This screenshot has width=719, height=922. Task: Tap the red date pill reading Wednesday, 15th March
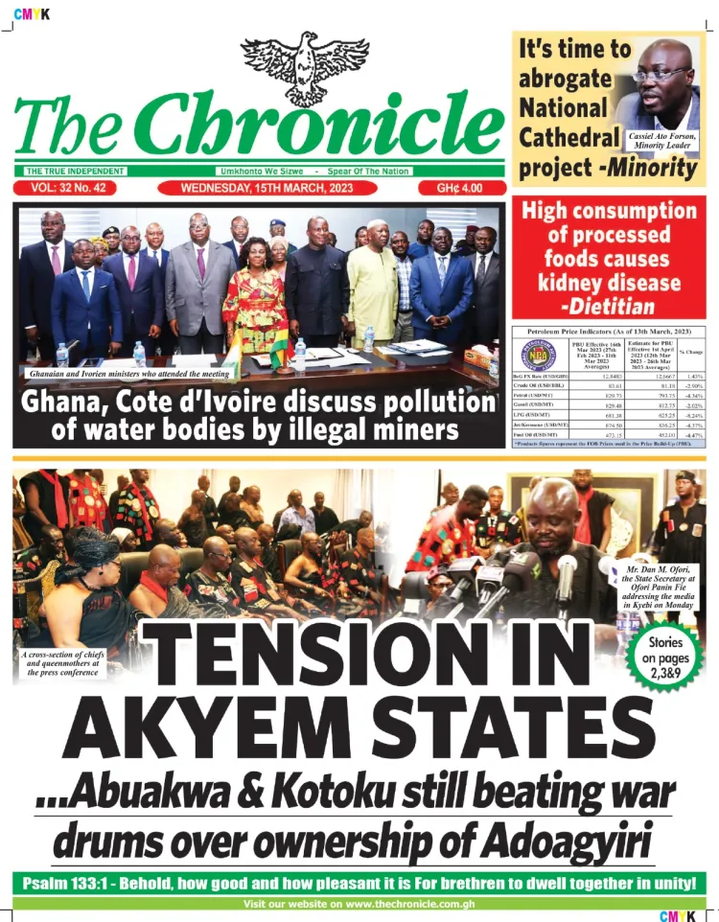tap(264, 188)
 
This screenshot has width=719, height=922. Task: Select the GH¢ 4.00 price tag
tap(460, 188)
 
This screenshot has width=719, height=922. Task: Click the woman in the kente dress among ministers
tap(255, 307)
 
